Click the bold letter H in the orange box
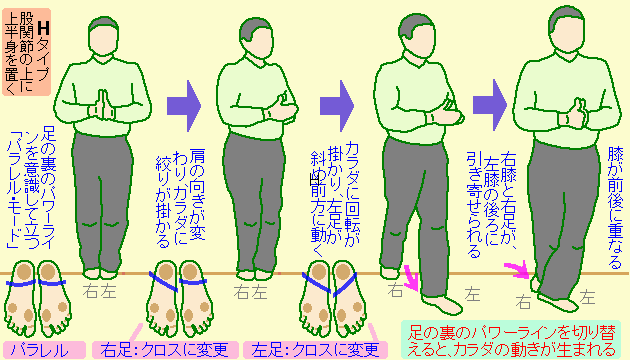tap(43, 28)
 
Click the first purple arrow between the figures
tap(183, 106)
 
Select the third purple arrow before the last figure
tap(489, 105)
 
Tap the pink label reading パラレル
tap(43, 350)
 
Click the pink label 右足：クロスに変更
tap(165, 350)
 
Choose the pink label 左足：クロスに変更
tap(315, 350)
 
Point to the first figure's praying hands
tap(103, 105)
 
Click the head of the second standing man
tap(256, 37)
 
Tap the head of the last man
tap(567, 30)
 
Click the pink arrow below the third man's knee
tap(411, 278)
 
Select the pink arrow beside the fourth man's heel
tap(517, 269)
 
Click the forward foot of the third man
tap(442, 304)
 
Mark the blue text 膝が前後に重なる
tap(616, 208)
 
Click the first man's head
tap(103, 37)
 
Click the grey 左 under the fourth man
tap(587, 297)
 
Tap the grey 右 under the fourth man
tap(523, 301)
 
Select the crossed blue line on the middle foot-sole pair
tap(163, 282)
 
